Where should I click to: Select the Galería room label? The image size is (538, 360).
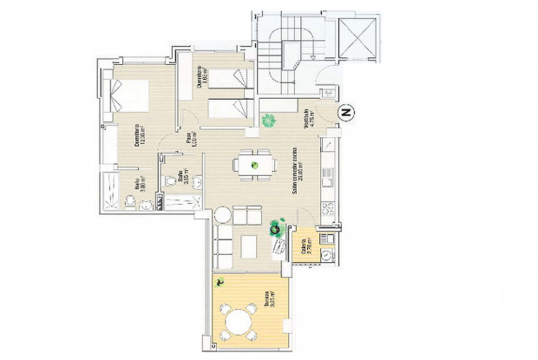click(x=303, y=250)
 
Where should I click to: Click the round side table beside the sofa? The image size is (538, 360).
click(x=223, y=214)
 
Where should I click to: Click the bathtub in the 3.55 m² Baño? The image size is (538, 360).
click(x=181, y=202)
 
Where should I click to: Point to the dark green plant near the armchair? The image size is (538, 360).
click(x=278, y=227)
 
